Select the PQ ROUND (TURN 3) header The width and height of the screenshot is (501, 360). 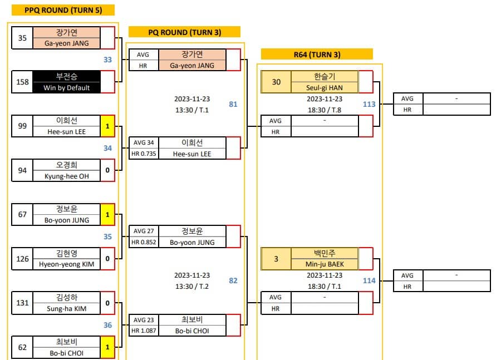tap(184, 32)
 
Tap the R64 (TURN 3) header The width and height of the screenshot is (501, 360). tap(316, 55)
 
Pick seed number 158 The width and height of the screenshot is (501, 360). tap(22, 82)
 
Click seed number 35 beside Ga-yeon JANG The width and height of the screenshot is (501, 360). tap(22, 38)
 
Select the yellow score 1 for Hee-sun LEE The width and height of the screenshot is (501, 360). tap(108, 126)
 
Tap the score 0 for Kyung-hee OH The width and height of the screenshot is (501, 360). tap(108, 170)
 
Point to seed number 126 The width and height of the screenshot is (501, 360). tap(22, 258)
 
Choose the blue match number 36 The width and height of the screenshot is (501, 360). tap(107, 326)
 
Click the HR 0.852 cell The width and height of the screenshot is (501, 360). tap(143, 242)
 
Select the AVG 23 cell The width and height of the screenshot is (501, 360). tap(143, 320)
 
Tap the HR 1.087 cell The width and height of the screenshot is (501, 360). tap(143, 331)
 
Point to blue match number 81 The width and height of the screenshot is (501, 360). tap(233, 104)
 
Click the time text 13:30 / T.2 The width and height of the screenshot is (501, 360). tap(191, 286)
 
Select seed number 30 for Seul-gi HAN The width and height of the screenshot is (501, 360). tap(276, 82)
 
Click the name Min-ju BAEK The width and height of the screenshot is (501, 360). tap(325, 264)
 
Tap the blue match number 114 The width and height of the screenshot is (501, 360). tap(369, 280)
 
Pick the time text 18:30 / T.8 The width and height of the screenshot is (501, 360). tap(324, 110)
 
